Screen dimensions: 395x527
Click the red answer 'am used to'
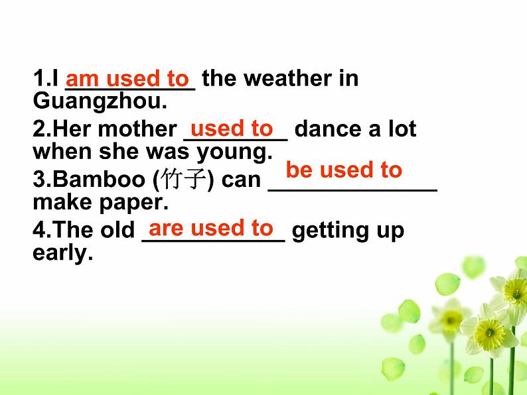coord(127,79)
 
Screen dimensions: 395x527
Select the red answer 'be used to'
coord(344,170)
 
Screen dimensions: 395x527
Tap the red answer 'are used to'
coord(211,228)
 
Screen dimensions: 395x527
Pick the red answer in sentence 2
coord(231,128)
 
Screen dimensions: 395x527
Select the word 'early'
coord(59,253)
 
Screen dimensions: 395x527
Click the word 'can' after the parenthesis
coord(241,180)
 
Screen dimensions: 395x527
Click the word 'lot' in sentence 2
coord(400,129)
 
